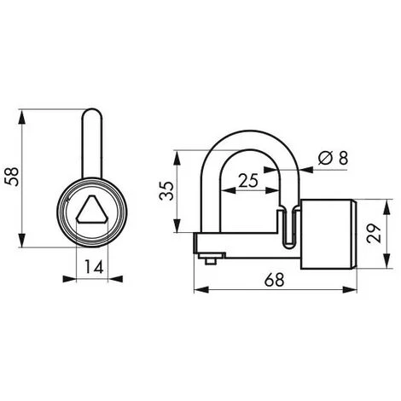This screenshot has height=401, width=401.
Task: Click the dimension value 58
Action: pos(13,177)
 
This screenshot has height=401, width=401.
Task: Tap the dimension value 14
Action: pos(94,267)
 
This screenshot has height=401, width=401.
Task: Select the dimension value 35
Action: pos(166,190)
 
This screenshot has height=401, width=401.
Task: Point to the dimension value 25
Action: pos(248,181)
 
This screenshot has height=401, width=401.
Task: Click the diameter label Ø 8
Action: pos(334,158)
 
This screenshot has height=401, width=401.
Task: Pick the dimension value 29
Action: pos(374,234)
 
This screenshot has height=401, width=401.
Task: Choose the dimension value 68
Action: pos(274,280)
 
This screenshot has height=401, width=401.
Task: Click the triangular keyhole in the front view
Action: pos(92,209)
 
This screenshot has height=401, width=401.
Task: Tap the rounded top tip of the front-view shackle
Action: pos(92,109)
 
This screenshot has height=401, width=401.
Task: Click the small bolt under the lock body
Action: pos(210,259)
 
